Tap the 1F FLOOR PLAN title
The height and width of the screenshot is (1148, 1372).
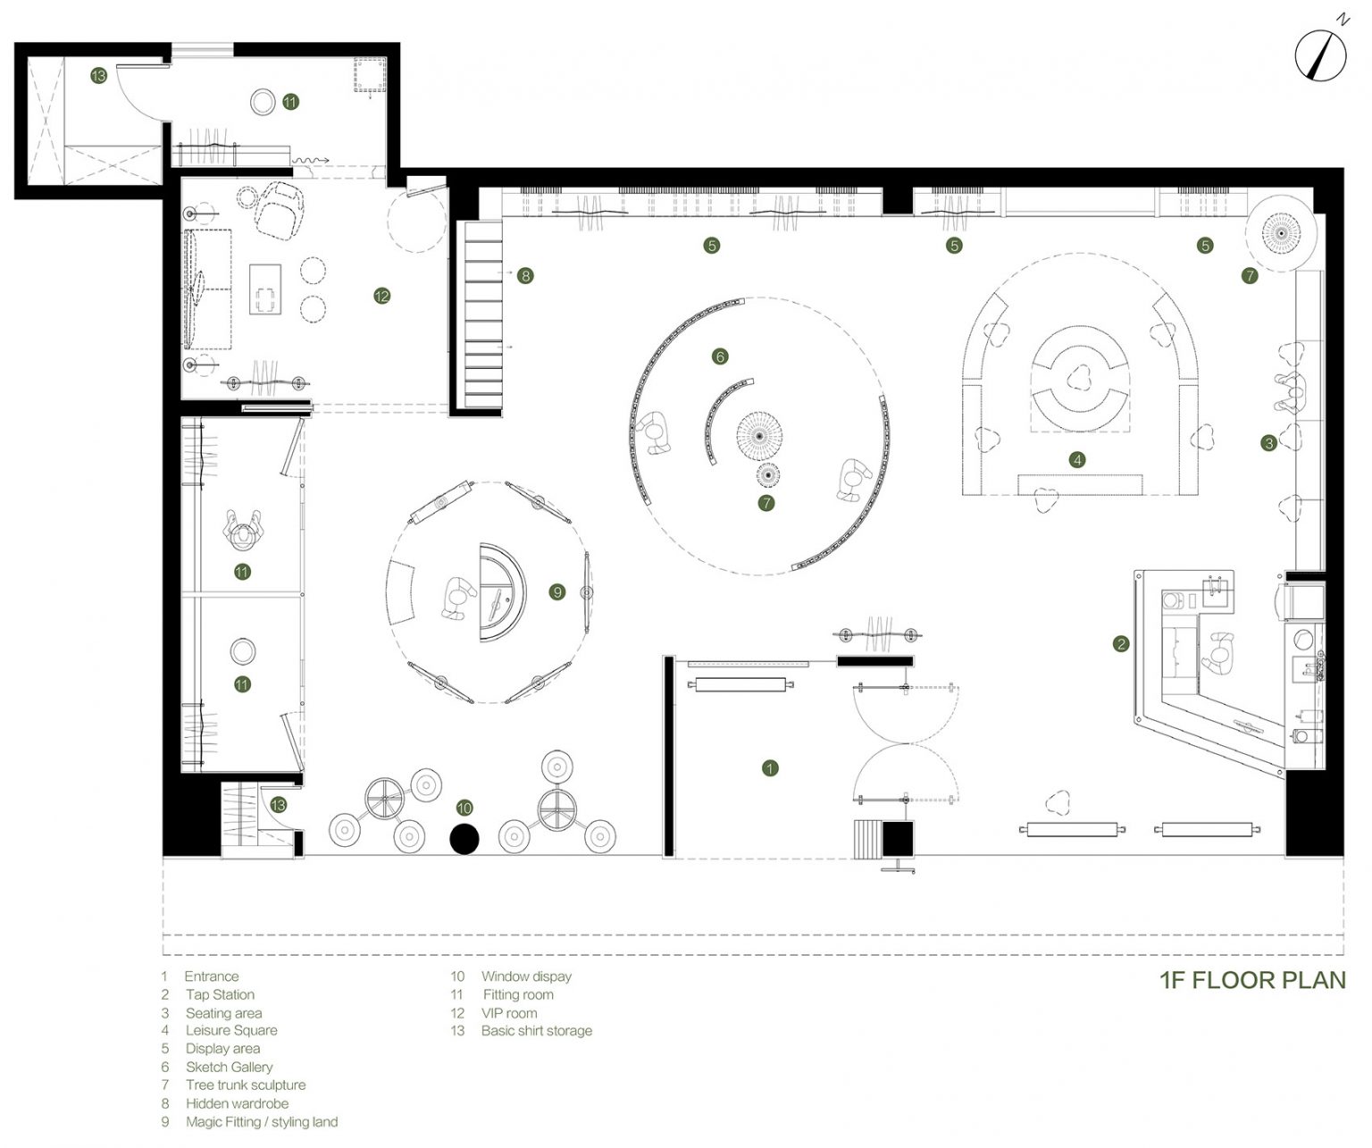(x=1252, y=980)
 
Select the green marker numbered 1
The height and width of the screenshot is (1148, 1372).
(x=770, y=768)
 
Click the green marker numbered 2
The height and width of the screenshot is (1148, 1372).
(x=1121, y=644)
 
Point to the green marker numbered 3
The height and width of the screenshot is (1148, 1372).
(x=1269, y=443)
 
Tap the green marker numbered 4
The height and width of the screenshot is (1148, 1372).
(x=1077, y=460)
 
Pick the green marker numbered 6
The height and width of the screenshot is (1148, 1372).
(x=720, y=356)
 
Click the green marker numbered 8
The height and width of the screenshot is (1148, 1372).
(x=525, y=275)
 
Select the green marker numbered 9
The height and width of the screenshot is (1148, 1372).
(x=557, y=592)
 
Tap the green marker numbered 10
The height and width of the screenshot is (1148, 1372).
(x=464, y=808)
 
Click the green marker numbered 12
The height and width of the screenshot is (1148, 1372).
(x=381, y=296)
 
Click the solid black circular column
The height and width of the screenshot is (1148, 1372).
(x=464, y=839)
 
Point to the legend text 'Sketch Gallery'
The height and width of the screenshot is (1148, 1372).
(x=229, y=1067)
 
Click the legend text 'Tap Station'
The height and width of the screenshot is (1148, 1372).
(x=220, y=994)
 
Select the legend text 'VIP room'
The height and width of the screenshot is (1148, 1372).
(x=509, y=1013)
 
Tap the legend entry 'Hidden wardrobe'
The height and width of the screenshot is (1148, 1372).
(x=237, y=1103)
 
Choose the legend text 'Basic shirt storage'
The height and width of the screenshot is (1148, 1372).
(x=537, y=1030)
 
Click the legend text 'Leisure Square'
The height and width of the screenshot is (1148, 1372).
(x=231, y=1030)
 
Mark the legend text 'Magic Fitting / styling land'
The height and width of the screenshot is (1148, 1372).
(x=262, y=1122)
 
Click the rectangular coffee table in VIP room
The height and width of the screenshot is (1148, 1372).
(x=265, y=289)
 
